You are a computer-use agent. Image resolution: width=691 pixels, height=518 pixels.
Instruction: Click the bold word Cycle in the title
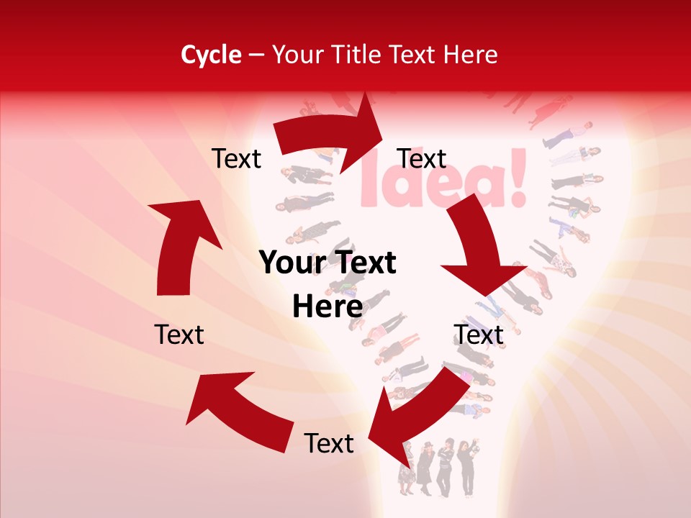pos(211,54)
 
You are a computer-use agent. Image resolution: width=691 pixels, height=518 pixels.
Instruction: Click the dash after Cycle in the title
pos(256,55)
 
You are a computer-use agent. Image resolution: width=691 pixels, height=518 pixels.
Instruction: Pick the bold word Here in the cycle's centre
pos(328,306)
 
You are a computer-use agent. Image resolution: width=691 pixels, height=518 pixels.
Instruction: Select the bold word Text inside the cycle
pos(364,263)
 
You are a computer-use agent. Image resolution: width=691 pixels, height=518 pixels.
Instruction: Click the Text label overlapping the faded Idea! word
pos(422,158)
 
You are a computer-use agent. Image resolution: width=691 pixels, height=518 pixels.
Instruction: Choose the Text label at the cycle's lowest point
pos(329,443)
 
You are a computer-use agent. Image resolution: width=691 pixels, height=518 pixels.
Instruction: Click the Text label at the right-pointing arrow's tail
pos(237,158)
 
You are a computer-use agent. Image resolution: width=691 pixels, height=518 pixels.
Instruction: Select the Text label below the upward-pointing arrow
pos(179,335)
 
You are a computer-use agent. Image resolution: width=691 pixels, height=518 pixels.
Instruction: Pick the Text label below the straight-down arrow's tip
pos(479,335)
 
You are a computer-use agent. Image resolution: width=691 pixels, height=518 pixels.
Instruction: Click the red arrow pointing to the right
pos(331,133)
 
